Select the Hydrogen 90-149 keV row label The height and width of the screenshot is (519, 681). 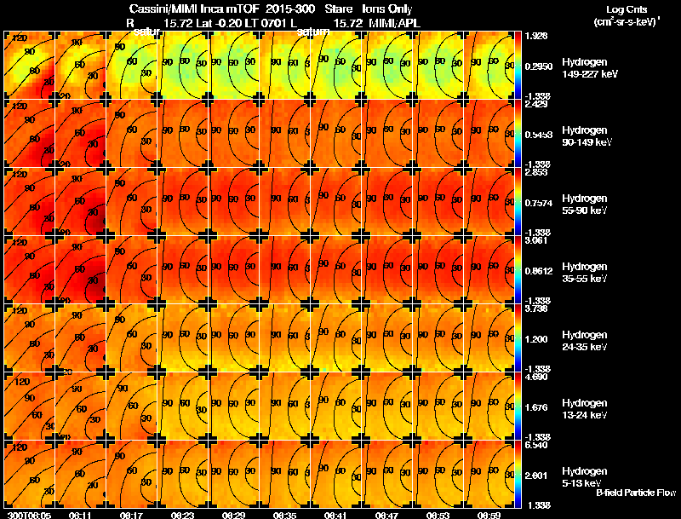click(x=585, y=136)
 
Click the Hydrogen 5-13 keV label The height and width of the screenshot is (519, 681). click(x=584, y=476)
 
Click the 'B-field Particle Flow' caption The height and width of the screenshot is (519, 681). click(x=635, y=493)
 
